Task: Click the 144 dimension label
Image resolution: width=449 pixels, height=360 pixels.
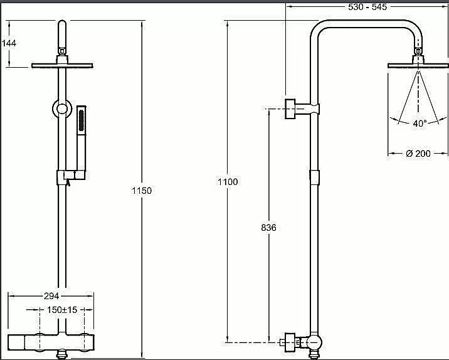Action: [x=9, y=43]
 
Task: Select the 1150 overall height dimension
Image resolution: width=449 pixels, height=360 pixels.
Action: [x=142, y=191]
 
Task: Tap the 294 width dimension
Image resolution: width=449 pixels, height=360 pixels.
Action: [x=51, y=296]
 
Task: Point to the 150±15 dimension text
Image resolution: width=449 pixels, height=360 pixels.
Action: [x=62, y=310]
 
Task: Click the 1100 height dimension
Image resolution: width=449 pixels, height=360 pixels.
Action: [x=228, y=182]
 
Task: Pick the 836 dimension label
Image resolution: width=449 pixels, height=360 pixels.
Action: [x=268, y=228]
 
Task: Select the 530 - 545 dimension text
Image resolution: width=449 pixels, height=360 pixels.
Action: [x=367, y=7]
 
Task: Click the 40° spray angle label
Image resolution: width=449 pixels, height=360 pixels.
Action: [x=420, y=124]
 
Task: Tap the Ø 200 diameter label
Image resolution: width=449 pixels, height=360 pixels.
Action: [x=418, y=154]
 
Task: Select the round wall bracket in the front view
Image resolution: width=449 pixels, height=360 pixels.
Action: [x=62, y=109]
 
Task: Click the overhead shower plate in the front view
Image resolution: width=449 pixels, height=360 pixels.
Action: [x=62, y=66]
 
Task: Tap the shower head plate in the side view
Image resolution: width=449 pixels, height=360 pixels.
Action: [x=418, y=66]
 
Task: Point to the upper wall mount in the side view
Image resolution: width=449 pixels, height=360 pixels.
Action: [x=302, y=109]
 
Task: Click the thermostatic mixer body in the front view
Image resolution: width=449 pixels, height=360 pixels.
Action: [x=51, y=342]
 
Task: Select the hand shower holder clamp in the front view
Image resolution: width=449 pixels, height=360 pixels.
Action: [x=71, y=175]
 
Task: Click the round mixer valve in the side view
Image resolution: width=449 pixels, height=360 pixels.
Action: [x=314, y=342]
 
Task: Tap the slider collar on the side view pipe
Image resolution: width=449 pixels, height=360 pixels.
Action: [x=314, y=177]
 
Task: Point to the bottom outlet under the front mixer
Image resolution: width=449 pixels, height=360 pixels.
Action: [x=62, y=354]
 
